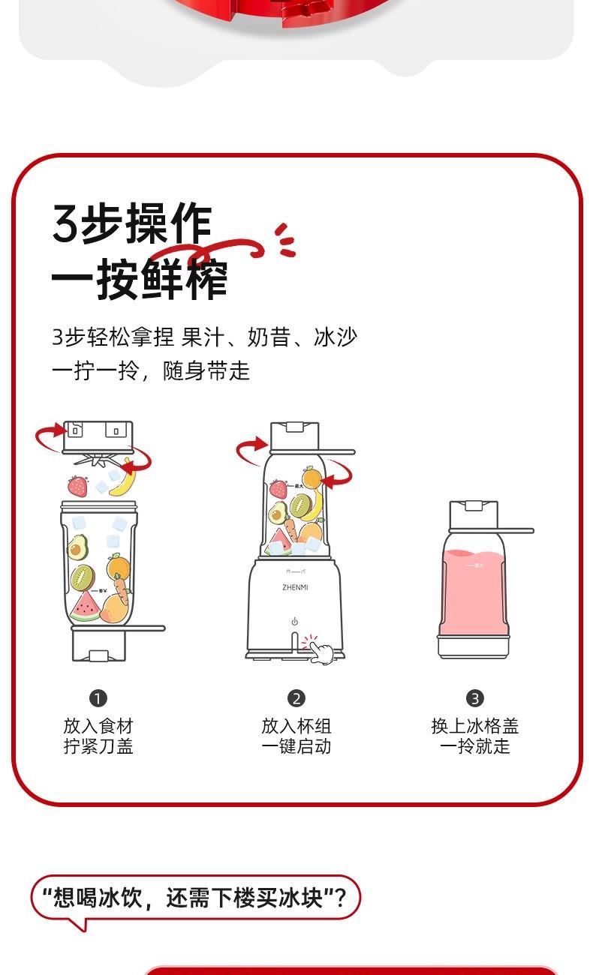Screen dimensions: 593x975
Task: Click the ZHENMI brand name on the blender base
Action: pyautogui.click(x=295, y=587)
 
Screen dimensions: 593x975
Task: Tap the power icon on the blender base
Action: pyautogui.click(x=294, y=622)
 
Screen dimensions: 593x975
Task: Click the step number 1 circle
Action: pyautogui.click(x=98, y=698)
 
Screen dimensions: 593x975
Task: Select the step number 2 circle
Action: pyautogui.click(x=296, y=698)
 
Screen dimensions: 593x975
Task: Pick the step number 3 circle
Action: pyautogui.click(x=475, y=698)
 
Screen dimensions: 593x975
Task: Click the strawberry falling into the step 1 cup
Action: pyautogui.click(x=77, y=486)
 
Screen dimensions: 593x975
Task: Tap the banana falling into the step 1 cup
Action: pyautogui.click(x=124, y=478)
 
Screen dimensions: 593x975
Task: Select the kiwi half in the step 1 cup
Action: pyautogui.click(x=83, y=577)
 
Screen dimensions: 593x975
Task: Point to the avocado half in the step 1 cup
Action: pyautogui.click(x=78, y=547)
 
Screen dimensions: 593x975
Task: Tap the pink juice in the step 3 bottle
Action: pyautogui.click(x=473, y=592)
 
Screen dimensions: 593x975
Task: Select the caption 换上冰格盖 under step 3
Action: pyautogui.click(x=475, y=727)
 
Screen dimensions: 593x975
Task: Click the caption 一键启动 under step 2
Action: pyautogui.click(x=296, y=746)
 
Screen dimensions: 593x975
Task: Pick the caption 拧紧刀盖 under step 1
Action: pyautogui.click(x=98, y=746)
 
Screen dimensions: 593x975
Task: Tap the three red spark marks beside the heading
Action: pyautogui.click(x=285, y=240)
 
